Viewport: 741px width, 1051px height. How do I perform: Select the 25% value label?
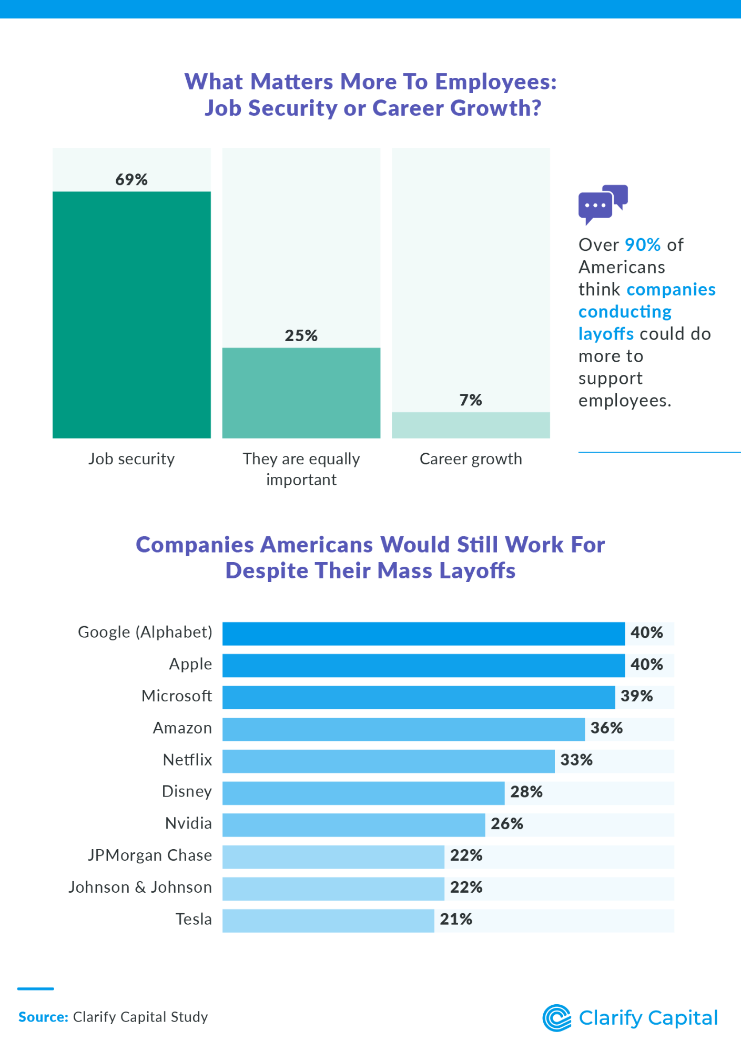point(301,335)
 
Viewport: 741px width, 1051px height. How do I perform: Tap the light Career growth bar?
point(471,425)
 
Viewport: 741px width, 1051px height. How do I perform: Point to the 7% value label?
point(471,400)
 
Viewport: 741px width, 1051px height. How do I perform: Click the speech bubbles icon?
point(603,204)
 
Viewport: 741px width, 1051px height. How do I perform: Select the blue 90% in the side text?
point(642,245)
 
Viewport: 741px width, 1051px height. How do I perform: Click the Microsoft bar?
point(418,697)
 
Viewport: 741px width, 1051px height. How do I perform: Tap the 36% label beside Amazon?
point(606,728)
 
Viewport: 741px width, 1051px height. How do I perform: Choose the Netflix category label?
point(187,760)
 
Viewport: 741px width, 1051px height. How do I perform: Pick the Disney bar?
point(363,793)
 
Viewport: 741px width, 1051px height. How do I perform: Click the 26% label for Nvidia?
point(506,824)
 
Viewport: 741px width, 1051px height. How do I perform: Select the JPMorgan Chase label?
point(150,855)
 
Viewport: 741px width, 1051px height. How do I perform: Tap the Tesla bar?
point(328,921)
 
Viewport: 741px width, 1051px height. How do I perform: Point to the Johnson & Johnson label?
point(140,887)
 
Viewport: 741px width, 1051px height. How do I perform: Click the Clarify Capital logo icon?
point(556,1018)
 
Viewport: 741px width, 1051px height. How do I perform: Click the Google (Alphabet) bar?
point(423,634)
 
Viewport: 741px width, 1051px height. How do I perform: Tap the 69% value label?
point(131,180)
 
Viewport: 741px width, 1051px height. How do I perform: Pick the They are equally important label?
point(301,469)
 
